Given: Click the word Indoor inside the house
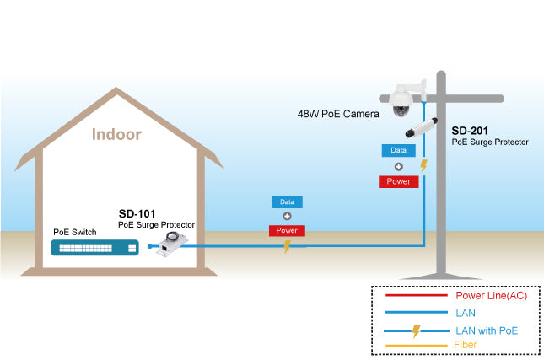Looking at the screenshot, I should (x=116, y=134).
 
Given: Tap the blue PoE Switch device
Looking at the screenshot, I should (x=93, y=248).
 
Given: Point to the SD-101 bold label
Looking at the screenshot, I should (x=137, y=214).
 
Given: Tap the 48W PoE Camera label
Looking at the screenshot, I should (x=337, y=113).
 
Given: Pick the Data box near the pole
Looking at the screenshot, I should (x=398, y=150).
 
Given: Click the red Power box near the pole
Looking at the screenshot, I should (x=398, y=181).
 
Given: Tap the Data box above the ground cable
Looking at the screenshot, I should (x=287, y=202).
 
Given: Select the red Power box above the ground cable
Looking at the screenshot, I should (x=287, y=230).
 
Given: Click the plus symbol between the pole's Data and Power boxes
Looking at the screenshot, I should (x=398, y=166).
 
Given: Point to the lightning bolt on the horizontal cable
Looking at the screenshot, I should (x=287, y=246).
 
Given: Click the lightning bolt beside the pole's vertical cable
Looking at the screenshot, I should (x=424, y=166).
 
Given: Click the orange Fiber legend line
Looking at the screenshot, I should (x=416, y=346).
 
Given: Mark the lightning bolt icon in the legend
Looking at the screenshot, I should (x=416, y=330).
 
